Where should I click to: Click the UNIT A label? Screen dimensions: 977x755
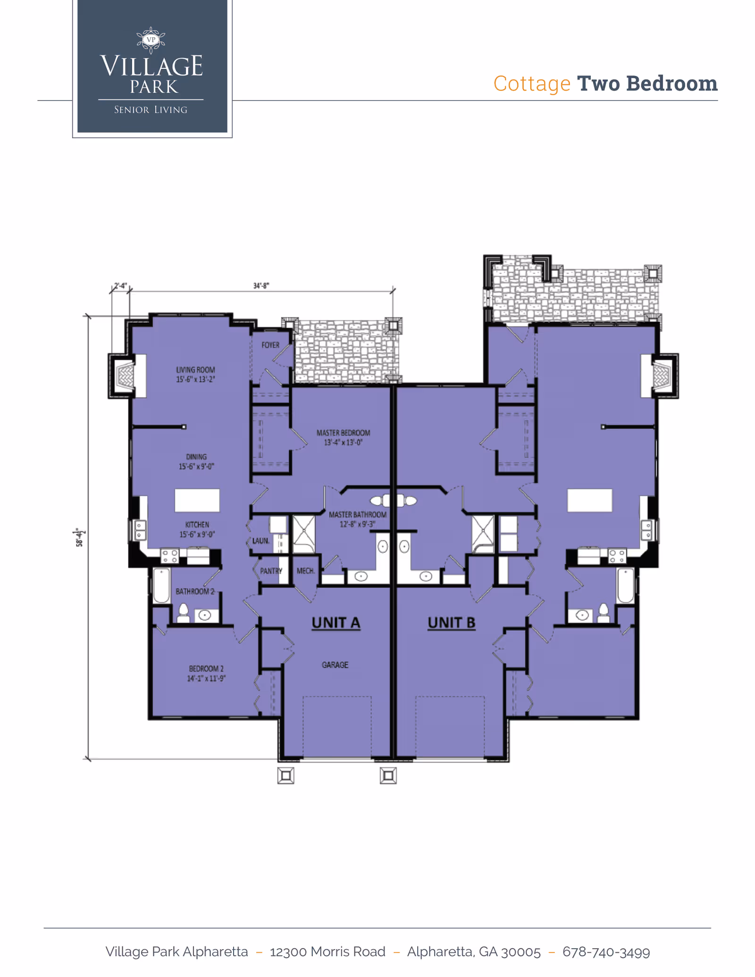(336, 623)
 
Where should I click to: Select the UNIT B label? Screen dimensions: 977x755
(451, 623)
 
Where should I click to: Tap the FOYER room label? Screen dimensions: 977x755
(270, 345)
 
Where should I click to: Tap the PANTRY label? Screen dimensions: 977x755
(271, 571)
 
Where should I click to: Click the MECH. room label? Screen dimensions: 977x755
(305, 571)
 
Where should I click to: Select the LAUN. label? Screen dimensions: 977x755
(260, 541)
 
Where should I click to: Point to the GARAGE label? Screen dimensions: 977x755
(335, 665)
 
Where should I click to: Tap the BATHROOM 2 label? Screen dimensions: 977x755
(195, 591)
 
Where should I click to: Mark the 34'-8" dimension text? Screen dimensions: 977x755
(261, 286)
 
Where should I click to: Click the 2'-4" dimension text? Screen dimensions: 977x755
(120, 286)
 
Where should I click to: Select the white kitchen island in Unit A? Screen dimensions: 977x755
(197, 500)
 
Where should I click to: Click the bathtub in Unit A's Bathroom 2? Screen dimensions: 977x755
(161, 585)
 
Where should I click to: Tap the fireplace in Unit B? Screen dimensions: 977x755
(661, 376)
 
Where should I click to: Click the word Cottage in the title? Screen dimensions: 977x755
(532, 84)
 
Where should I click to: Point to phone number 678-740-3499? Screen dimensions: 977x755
(606, 952)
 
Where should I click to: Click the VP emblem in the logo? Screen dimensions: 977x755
(151, 40)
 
